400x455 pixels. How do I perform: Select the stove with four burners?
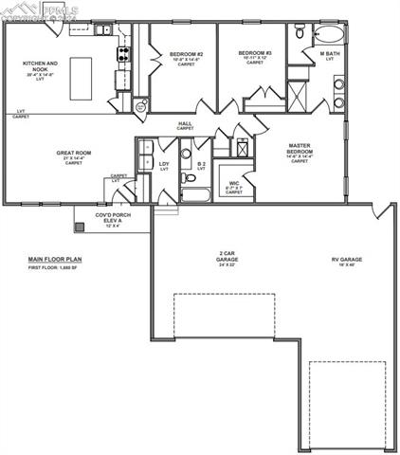[122, 55]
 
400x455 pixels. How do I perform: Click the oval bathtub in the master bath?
[330, 36]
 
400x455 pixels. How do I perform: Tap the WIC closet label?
[234, 184]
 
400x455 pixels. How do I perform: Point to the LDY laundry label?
[163, 165]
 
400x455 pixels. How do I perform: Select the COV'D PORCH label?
[113, 217]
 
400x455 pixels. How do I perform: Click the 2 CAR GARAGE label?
[227, 257]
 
